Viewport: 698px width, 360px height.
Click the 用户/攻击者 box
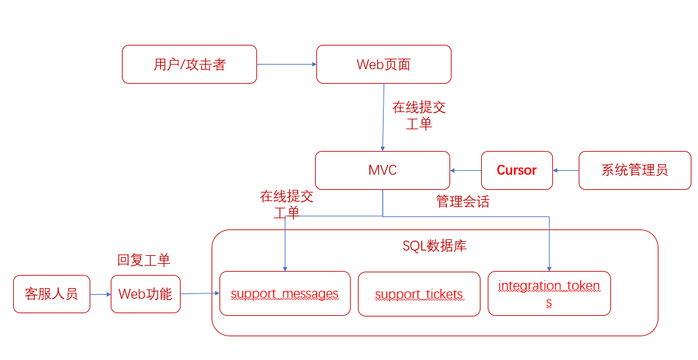pos(189,64)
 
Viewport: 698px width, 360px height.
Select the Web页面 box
pos(384,64)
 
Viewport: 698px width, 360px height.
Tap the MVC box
pos(382,170)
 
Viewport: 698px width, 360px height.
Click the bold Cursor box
pos(516,170)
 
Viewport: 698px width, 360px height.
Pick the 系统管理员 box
pos(634,170)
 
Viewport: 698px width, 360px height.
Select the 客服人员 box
pos(51,294)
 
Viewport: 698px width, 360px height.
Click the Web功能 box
pos(145,294)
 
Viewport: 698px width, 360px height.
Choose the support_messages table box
pos(285,293)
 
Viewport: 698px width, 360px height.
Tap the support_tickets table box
pos(419,294)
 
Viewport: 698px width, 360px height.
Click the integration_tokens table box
pos(549,293)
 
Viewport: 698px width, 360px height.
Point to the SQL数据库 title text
pos(434,246)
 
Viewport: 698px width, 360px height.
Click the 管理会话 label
pos(463,202)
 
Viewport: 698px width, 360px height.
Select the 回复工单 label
pos(144,260)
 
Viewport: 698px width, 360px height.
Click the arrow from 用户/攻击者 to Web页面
pos(287,64)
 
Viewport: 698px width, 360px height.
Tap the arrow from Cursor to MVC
pos(466,170)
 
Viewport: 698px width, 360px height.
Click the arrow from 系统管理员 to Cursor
pos(566,170)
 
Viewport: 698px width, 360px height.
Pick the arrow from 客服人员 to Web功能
pos(100,294)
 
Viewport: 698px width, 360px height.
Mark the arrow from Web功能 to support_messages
pos(200,293)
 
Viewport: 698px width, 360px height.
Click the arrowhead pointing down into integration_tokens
pos(549,267)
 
